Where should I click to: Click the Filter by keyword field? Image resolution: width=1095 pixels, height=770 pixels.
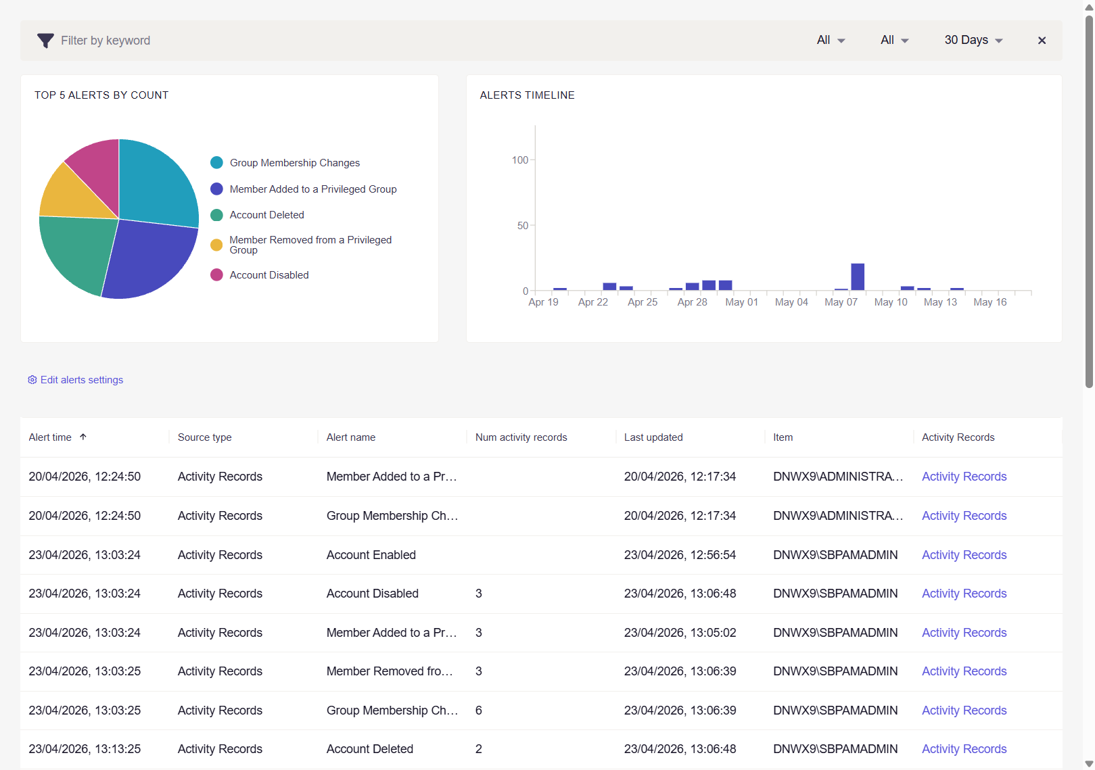click(x=105, y=41)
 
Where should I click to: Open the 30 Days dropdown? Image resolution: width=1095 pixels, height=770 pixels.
click(x=973, y=40)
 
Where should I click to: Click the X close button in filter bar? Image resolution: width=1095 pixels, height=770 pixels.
click(x=1042, y=41)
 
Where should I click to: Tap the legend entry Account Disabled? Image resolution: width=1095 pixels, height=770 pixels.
click(x=269, y=275)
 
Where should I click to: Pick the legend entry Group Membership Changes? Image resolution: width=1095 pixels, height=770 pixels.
click(x=294, y=163)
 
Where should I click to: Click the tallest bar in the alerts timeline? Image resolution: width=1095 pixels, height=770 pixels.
click(x=858, y=277)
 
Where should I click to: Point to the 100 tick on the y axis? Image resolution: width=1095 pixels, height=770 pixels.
click(x=519, y=160)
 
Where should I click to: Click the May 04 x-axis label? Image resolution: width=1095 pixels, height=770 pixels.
click(x=791, y=302)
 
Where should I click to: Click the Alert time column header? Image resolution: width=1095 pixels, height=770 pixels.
click(x=50, y=437)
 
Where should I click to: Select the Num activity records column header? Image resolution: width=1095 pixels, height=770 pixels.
click(x=521, y=437)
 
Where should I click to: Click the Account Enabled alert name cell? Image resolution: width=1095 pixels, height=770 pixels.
click(x=371, y=555)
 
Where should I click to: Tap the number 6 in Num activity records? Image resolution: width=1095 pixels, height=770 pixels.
click(x=479, y=711)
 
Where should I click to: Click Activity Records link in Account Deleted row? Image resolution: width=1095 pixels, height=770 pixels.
click(x=964, y=749)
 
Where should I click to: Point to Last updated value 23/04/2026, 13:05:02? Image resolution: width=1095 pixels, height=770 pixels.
click(x=680, y=633)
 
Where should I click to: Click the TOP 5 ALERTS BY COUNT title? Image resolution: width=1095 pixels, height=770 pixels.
click(x=101, y=95)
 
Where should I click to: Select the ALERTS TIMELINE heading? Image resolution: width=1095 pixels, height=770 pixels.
click(x=527, y=95)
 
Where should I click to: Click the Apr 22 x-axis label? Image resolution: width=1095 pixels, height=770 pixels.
click(x=592, y=302)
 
